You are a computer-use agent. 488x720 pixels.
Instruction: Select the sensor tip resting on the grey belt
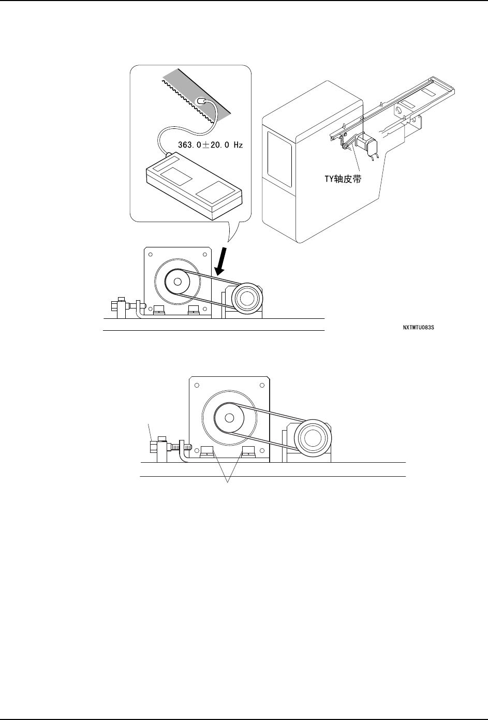pos(201,102)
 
